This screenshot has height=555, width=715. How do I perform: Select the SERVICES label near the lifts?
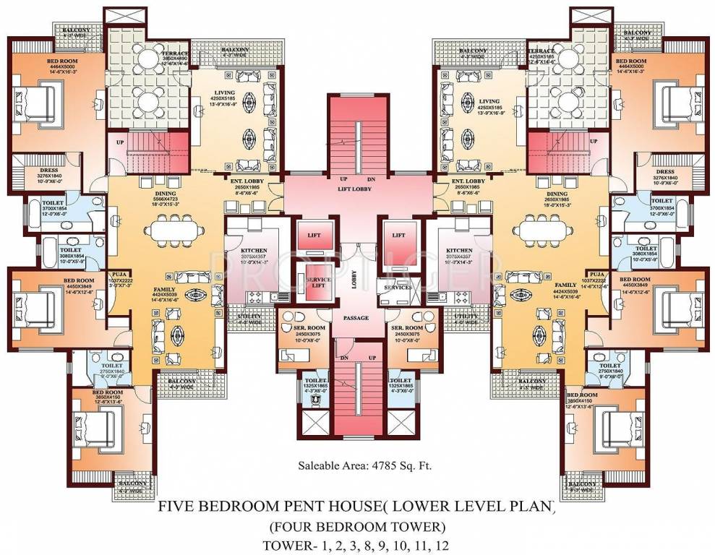pyautogui.click(x=398, y=288)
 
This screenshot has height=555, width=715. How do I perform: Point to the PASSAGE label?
pyautogui.click(x=356, y=318)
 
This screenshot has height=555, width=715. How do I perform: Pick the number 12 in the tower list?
pyautogui.click(x=456, y=544)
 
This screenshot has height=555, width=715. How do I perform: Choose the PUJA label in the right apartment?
pyautogui.click(x=596, y=275)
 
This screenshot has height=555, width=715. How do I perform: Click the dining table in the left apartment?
pyautogui.click(x=176, y=231)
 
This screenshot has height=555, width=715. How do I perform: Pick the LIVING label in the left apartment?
pyautogui.click(x=222, y=102)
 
